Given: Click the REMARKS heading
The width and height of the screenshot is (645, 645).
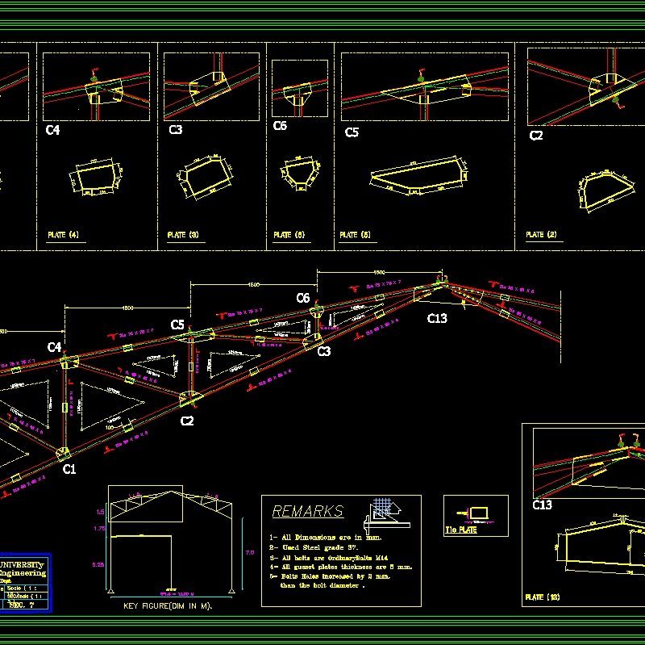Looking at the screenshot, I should [x=307, y=511].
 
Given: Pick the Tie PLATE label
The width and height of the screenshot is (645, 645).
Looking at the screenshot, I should [x=461, y=530].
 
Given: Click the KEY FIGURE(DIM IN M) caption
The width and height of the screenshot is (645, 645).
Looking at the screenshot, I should [x=167, y=605].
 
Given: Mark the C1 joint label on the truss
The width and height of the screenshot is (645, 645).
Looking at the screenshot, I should [x=69, y=468].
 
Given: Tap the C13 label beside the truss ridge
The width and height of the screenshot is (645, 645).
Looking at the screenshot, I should [x=437, y=318].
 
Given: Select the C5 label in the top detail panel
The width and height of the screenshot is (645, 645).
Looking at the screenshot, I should [x=352, y=132].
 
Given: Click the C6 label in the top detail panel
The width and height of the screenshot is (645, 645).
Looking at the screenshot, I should [x=280, y=126].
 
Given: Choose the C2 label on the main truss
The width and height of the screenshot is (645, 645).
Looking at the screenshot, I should [x=187, y=421].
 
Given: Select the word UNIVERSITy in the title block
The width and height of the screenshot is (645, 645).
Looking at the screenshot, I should [x=24, y=564].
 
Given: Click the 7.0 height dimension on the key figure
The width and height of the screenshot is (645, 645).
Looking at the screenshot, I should [x=249, y=553].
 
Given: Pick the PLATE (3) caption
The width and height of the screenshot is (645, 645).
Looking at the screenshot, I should [x=182, y=235].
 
